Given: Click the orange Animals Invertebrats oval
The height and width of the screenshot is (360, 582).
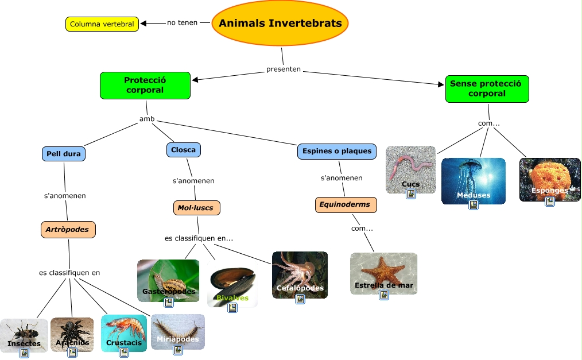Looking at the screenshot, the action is pyautogui.click(x=280, y=24).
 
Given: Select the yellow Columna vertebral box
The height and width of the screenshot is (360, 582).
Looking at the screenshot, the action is pyautogui.click(x=102, y=24).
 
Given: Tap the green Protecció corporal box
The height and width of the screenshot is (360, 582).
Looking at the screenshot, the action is pyautogui.click(x=145, y=85).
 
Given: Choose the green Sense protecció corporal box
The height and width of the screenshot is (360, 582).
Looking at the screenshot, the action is pyautogui.click(x=486, y=88).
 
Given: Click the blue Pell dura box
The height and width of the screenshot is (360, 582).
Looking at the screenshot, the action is pyautogui.click(x=64, y=154).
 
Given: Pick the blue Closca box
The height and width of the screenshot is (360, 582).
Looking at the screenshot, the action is pyautogui.click(x=183, y=150).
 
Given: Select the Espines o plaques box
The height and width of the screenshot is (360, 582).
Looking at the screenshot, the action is pyautogui.click(x=336, y=151).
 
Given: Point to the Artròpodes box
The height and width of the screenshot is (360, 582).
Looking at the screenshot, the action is pyautogui.click(x=68, y=230).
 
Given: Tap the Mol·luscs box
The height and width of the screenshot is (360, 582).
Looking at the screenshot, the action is pyautogui.click(x=196, y=207).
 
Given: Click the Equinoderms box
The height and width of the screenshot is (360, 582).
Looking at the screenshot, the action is pyautogui.click(x=346, y=204).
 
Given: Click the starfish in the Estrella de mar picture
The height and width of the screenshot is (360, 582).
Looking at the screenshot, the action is pyautogui.click(x=382, y=270).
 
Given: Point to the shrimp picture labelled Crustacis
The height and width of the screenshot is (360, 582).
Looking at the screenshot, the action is pyautogui.click(x=123, y=330).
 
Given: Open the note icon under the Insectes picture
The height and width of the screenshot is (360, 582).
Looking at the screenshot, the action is pyautogui.click(x=24, y=353).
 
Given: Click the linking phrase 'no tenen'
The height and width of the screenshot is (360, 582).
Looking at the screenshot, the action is pyautogui.click(x=182, y=23).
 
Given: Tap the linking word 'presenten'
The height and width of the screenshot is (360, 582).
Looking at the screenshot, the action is pyautogui.click(x=283, y=69).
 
